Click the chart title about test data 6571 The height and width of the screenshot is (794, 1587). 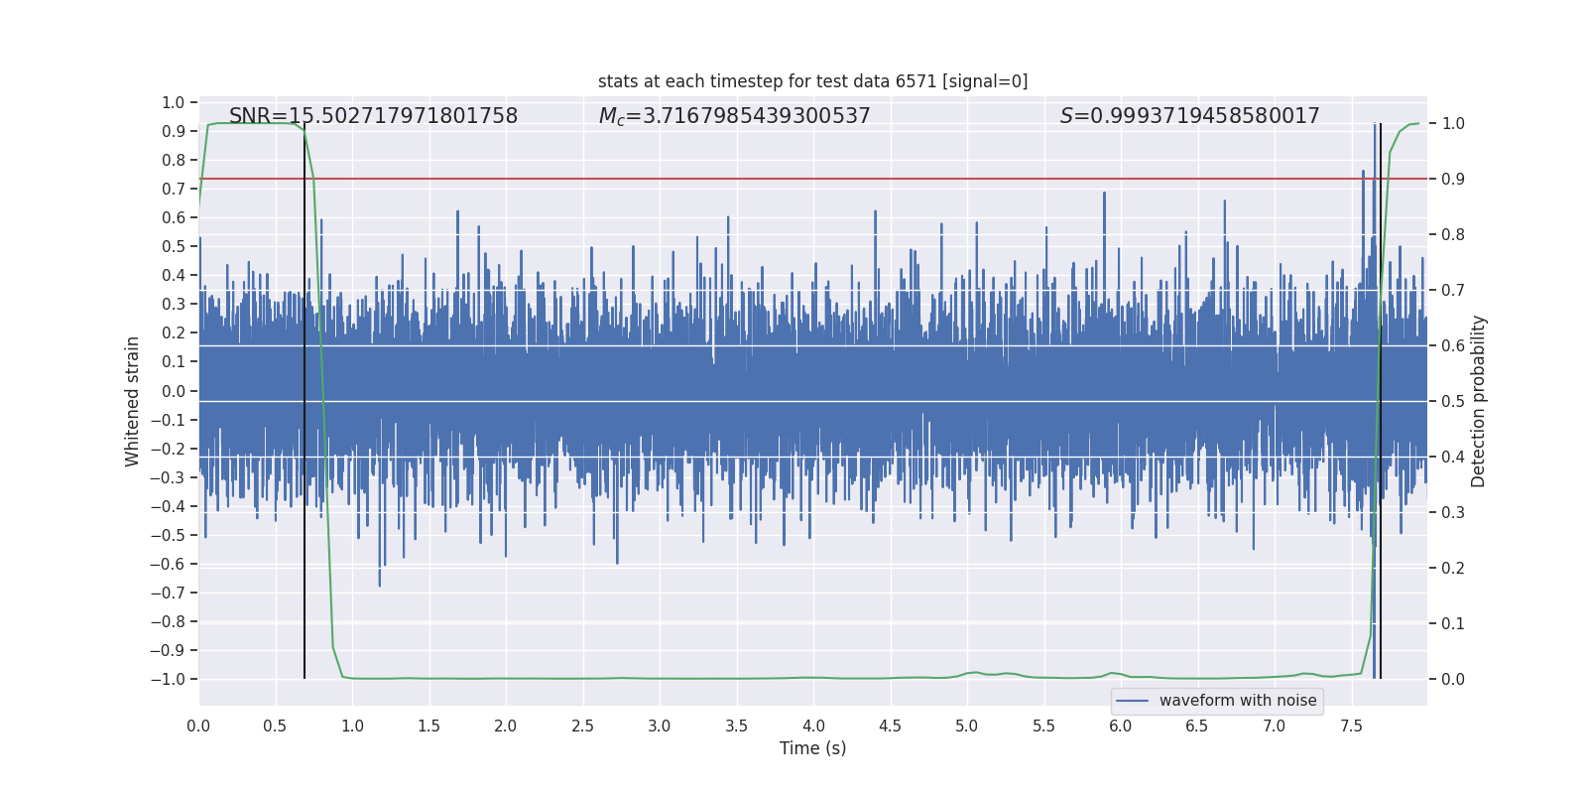click(x=812, y=81)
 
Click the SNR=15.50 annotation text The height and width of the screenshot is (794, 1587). click(x=373, y=116)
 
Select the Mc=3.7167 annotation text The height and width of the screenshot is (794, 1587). click(x=734, y=116)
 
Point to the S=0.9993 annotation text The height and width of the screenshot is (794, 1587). click(x=1189, y=116)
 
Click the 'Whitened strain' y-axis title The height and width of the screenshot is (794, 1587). click(x=132, y=401)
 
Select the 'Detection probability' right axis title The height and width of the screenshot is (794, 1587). click(x=1479, y=401)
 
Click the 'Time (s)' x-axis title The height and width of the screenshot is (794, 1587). click(x=812, y=748)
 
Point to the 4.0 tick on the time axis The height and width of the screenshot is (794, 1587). click(x=813, y=726)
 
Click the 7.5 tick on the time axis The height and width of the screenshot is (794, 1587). click(x=1351, y=726)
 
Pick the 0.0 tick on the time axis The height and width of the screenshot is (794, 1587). click(x=198, y=726)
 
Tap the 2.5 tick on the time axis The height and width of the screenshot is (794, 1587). click(x=582, y=726)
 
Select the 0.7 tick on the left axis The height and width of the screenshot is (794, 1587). click(x=174, y=189)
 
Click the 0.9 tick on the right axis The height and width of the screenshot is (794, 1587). click(x=1453, y=179)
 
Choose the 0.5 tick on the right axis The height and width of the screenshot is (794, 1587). click(x=1453, y=401)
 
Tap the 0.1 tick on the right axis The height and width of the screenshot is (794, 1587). click(x=1453, y=623)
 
